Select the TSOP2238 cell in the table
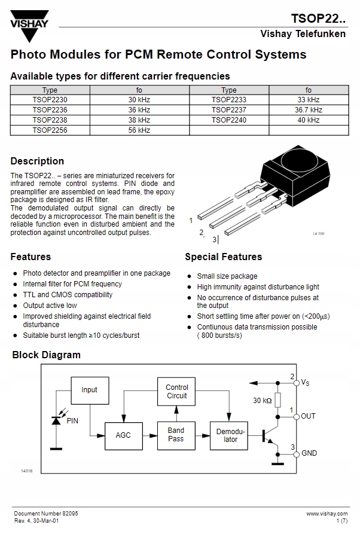coord(50,120)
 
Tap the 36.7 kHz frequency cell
coord(308,110)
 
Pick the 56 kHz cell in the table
coord(139,130)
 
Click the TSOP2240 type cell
coord(228,120)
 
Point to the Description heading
coord(37,161)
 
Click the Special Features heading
coord(223,257)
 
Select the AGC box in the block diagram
coord(123,435)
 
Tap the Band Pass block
coord(176,435)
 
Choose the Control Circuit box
coord(176,392)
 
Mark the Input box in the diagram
coord(90,390)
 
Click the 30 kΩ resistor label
coord(262,400)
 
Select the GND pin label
coord(309,453)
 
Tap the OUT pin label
coord(309,416)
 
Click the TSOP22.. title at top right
coord(318,16)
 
